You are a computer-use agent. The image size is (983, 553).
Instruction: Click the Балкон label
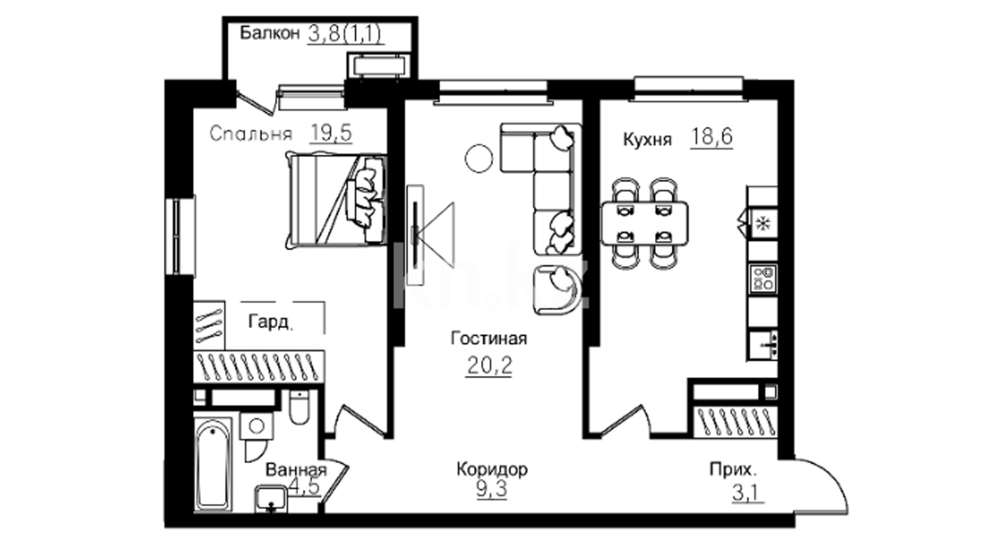[269, 34]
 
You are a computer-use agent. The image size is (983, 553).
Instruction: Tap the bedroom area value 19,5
[331, 133]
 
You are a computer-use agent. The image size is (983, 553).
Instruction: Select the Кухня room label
[647, 139]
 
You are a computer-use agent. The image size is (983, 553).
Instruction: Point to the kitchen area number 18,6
[712, 137]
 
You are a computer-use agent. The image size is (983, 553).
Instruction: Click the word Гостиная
[489, 338]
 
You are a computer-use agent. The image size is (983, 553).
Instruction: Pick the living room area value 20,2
[489, 366]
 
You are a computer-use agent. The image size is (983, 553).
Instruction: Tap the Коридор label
[492, 469]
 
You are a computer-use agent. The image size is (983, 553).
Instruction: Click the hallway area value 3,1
[747, 493]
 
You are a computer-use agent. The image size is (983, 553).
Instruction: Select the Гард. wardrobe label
[271, 322]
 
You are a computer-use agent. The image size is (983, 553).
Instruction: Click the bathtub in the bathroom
[213, 464]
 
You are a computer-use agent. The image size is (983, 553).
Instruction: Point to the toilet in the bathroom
[298, 408]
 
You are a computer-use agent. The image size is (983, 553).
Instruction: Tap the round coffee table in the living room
[479, 158]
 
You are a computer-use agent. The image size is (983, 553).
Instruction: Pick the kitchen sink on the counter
[763, 346]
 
